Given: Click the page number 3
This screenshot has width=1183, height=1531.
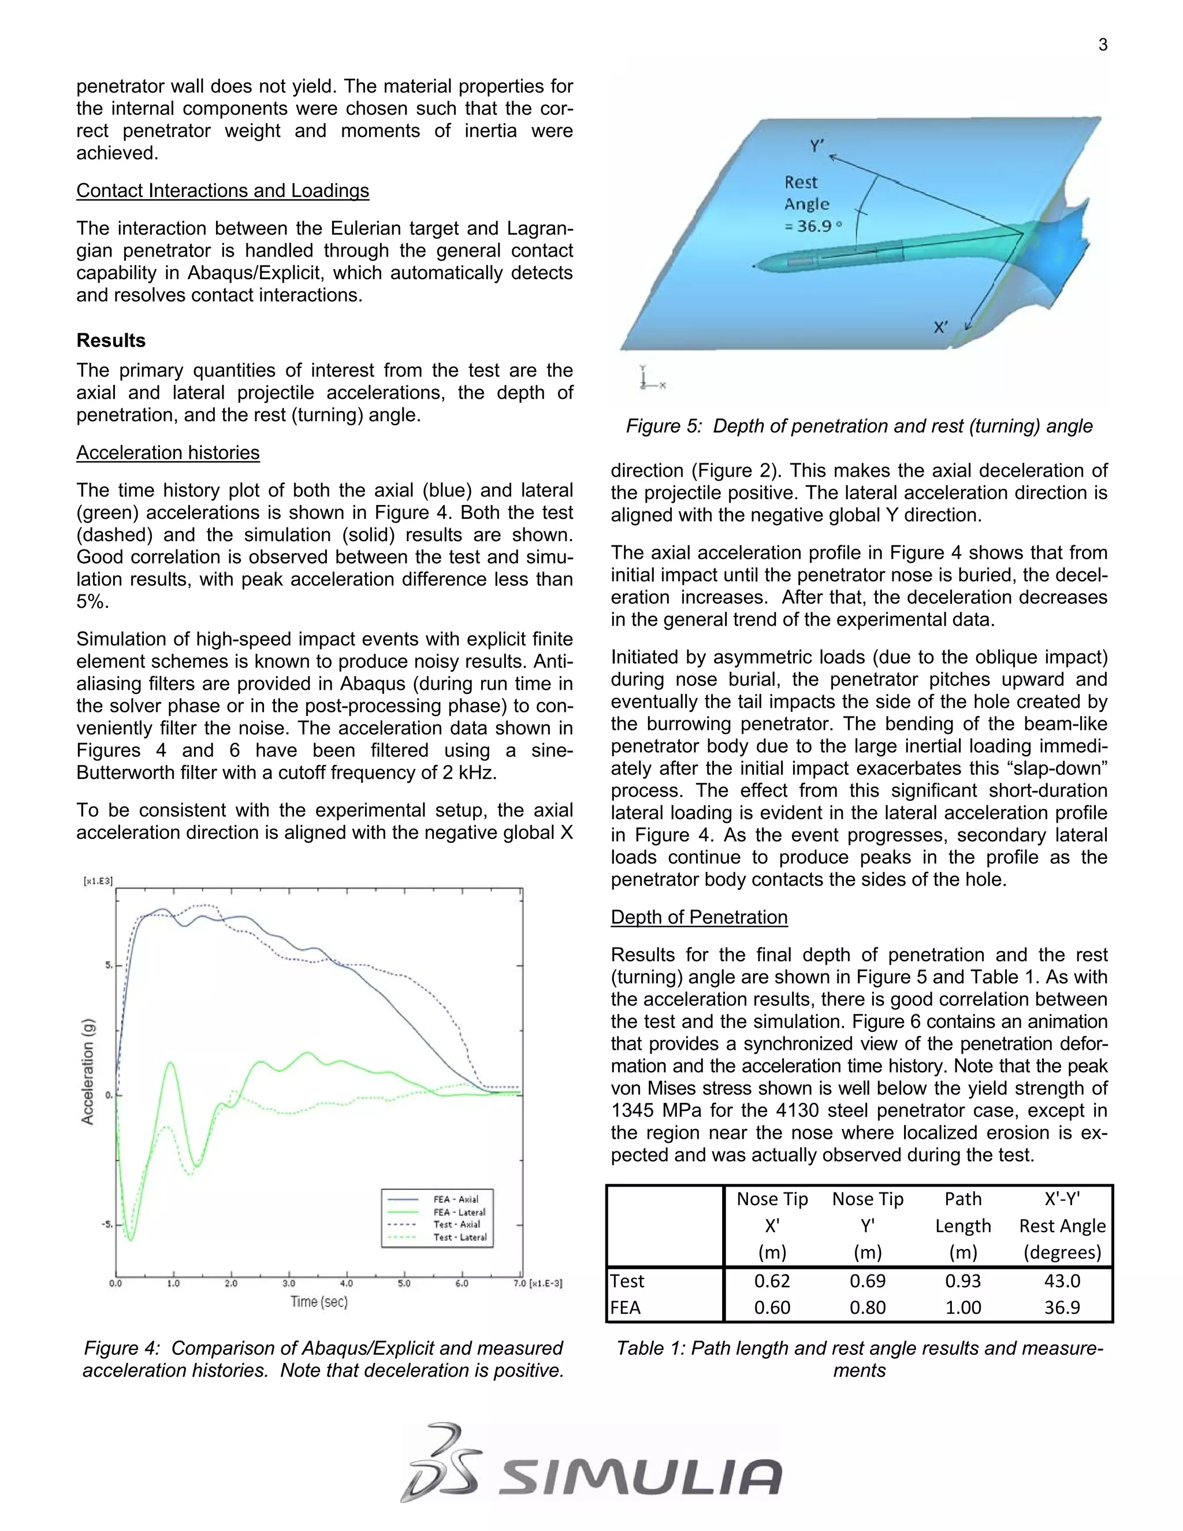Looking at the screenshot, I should (x=1102, y=46).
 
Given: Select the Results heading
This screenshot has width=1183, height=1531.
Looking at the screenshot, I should (x=111, y=341).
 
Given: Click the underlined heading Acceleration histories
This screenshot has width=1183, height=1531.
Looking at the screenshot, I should (x=168, y=453).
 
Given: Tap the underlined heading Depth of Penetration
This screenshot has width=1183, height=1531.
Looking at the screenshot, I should (x=699, y=917).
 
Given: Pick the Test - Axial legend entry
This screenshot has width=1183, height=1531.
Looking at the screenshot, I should (x=456, y=1225).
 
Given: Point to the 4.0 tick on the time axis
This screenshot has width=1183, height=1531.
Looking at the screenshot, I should (x=346, y=1284).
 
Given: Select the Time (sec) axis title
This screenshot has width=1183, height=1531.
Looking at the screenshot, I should (x=319, y=1302).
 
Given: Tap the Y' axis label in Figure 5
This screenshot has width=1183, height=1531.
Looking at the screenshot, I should (x=817, y=146).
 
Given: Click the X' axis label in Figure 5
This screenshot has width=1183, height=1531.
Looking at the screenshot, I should (x=940, y=328).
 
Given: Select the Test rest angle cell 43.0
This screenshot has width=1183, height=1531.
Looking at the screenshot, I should (x=1062, y=1281).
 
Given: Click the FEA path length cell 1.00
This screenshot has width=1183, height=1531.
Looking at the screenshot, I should (x=963, y=1307).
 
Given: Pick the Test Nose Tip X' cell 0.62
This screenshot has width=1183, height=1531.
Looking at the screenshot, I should (x=772, y=1281).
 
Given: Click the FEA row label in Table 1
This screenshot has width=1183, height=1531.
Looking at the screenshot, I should (x=625, y=1307).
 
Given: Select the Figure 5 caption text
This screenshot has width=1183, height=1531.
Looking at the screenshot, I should (x=858, y=426).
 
